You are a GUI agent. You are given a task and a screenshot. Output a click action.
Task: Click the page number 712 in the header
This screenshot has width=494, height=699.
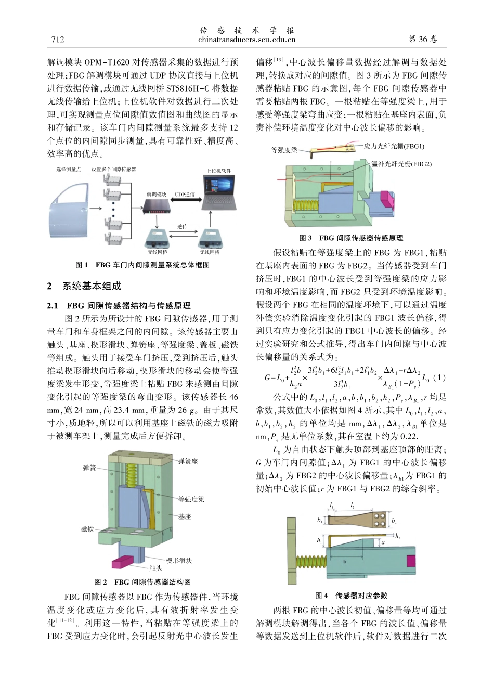click(57, 40)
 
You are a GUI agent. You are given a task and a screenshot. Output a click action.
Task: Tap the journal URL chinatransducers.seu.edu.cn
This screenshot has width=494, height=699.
click(246, 40)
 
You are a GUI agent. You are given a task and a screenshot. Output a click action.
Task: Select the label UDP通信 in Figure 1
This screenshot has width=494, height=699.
click(185, 195)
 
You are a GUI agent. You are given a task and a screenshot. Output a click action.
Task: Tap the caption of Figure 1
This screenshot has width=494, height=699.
click(142, 265)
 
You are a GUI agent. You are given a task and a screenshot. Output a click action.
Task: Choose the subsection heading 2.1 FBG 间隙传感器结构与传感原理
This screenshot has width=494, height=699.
click(119, 305)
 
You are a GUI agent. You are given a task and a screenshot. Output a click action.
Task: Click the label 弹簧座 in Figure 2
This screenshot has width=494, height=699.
click(188, 461)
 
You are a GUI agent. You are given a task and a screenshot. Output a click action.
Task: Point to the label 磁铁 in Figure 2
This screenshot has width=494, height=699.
click(87, 529)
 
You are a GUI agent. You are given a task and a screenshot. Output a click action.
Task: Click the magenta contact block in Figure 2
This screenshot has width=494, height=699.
click(123, 562)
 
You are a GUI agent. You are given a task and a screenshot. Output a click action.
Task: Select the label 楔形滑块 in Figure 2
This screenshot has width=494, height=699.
click(179, 560)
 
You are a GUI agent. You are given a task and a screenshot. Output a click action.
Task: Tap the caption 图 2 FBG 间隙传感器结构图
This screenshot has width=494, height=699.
click(142, 582)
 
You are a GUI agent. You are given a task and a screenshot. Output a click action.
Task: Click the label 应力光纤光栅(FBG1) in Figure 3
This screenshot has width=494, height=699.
click(394, 146)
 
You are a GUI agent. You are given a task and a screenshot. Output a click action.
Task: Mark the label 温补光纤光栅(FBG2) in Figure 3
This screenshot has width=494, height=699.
click(401, 164)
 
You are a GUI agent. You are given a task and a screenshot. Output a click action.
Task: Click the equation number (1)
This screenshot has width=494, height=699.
click(439, 378)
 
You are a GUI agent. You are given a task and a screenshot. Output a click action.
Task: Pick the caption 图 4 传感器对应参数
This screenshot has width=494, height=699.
click(351, 596)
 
